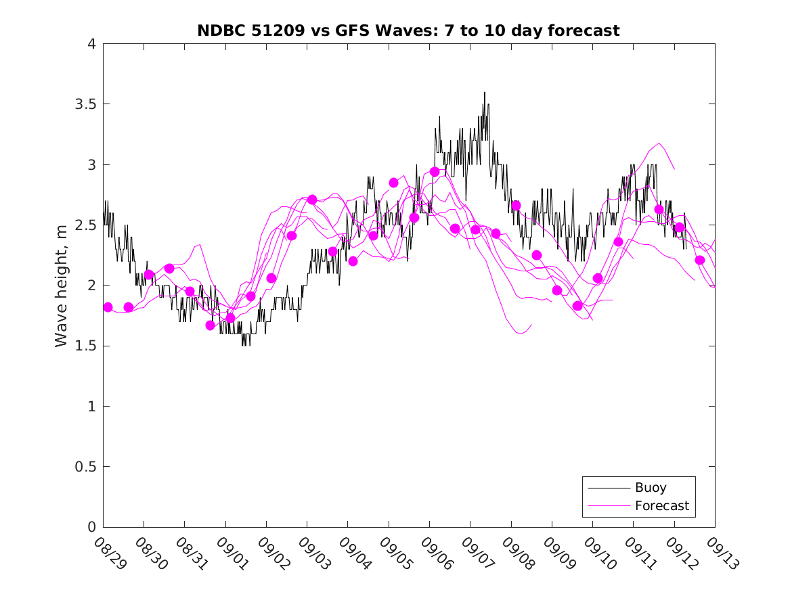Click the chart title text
click(x=408, y=30)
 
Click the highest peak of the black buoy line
click(x=485, y=93)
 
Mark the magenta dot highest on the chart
click(x=435, y=172)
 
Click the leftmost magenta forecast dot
click(x=108, y=307)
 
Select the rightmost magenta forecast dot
click(x=700, y=260)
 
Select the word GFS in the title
click(x=359, y=30)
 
